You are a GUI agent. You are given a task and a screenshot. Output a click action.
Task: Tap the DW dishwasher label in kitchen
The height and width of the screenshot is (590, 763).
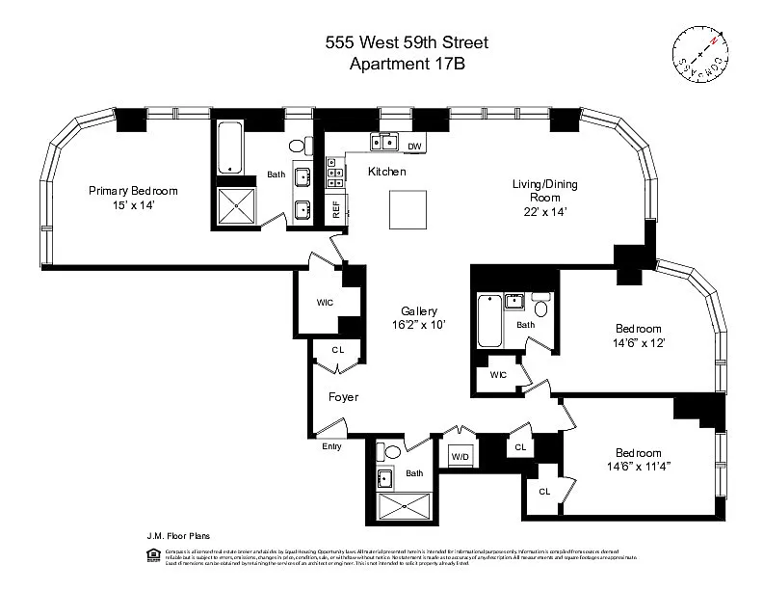coord(414,147)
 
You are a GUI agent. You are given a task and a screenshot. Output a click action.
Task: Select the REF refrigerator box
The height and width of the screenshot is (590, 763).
coord(336,210)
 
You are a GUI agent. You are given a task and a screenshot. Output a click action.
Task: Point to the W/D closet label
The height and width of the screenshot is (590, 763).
coord(460,456)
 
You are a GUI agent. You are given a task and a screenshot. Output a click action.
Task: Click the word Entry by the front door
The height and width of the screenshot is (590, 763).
coord(331,445)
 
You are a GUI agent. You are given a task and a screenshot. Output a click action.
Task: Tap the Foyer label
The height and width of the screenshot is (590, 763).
coord(344,396)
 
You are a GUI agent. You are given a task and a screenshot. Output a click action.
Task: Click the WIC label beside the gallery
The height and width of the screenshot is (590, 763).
coord(325,302)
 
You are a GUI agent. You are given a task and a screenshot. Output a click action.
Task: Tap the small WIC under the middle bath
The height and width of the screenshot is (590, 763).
coord(498,375)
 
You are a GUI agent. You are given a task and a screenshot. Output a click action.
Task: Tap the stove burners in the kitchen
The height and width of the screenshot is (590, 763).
coord(336,174)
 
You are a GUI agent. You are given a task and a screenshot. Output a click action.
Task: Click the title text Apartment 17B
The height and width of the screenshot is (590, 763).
coord(406,65)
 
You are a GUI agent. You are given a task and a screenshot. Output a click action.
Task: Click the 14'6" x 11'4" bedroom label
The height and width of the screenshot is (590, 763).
coord(639,460)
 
